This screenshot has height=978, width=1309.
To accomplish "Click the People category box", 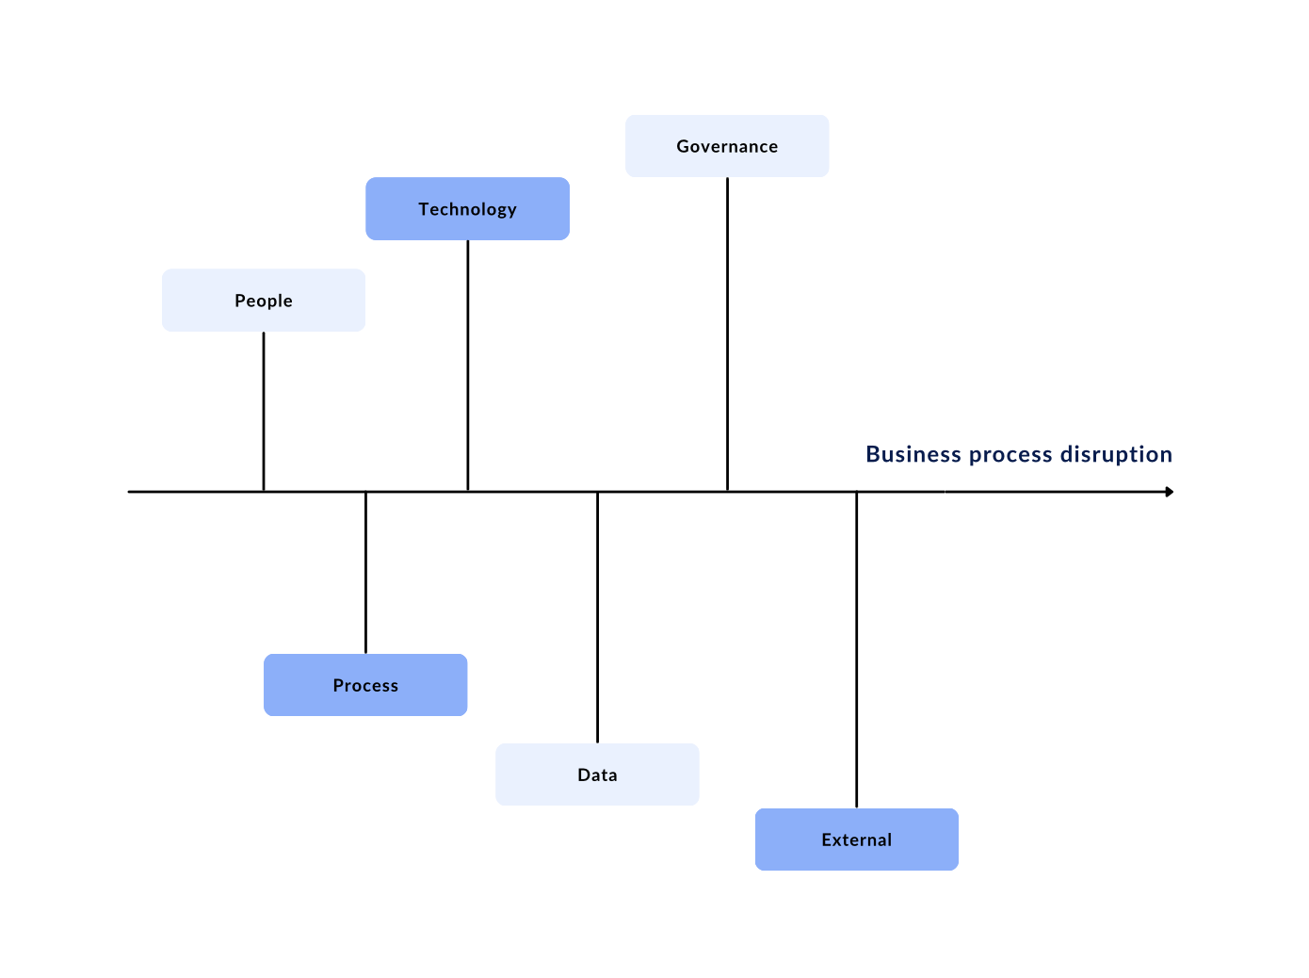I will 264,301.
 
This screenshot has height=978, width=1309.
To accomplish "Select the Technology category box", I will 467,209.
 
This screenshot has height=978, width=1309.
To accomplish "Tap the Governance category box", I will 727,146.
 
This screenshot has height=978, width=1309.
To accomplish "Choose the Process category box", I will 365,685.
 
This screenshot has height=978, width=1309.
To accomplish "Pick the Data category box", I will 597,774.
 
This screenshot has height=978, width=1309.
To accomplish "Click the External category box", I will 856,839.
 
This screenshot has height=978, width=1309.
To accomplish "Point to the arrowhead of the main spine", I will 1170,492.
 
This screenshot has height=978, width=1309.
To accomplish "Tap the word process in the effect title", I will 1010,455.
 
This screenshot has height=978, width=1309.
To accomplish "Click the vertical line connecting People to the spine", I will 264,410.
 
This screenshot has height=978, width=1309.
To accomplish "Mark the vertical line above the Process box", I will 365,573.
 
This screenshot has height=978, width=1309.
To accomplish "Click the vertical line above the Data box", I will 597,617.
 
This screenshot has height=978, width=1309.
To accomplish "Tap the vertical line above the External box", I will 856,650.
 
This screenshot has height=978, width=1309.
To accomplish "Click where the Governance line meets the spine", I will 727,491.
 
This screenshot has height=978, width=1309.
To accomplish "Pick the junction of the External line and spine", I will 856,492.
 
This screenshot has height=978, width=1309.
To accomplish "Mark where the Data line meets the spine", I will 597,492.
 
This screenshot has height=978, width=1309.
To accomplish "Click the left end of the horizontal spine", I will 131,492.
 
